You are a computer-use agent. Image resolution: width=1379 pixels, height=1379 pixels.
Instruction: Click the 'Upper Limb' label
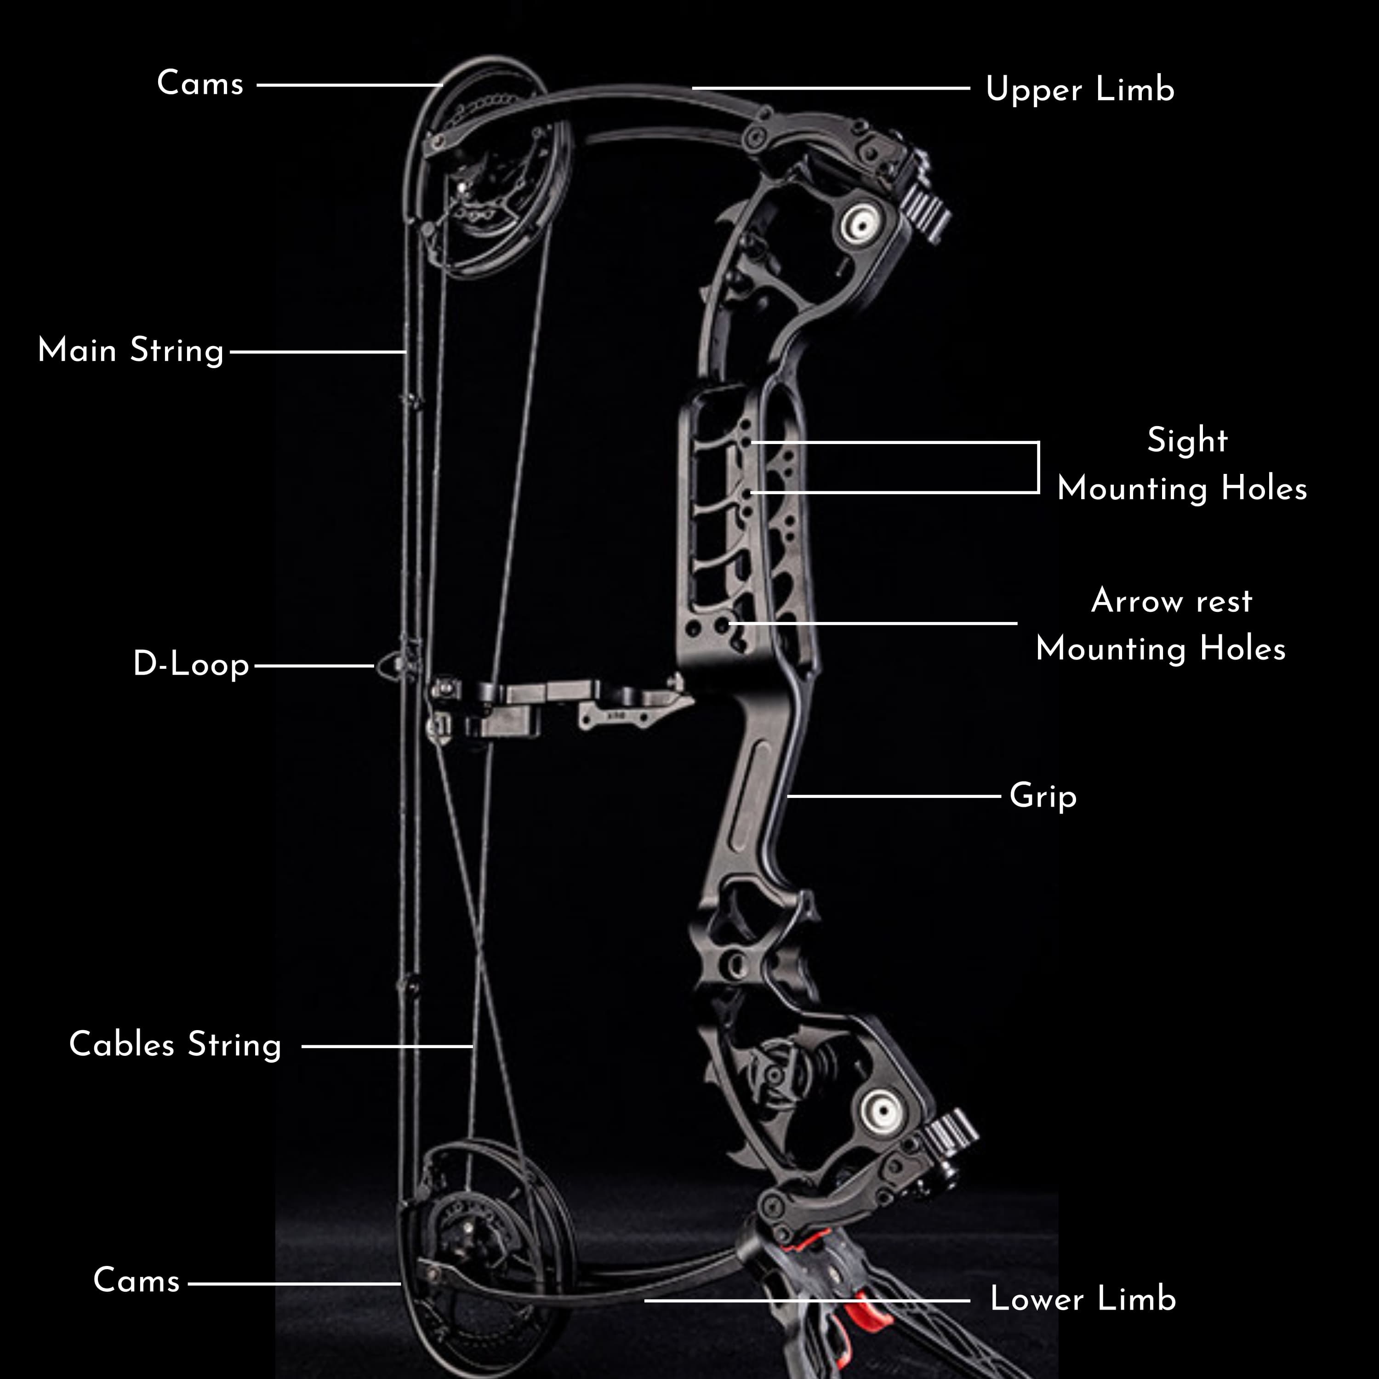tap(1079, 90)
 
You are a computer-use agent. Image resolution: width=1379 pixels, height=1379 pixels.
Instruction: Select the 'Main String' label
tap(131, 351)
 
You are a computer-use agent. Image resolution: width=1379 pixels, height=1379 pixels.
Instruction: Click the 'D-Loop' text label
tap(191, 665)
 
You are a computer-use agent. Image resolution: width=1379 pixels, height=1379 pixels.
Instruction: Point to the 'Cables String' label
tap(175, 1045)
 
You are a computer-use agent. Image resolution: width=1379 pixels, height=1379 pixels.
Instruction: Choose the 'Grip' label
tap(1042, 796)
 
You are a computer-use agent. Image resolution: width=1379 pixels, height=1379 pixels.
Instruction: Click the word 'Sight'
tap(1187, 440)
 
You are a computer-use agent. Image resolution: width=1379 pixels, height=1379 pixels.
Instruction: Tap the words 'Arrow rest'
tap(1171, 601)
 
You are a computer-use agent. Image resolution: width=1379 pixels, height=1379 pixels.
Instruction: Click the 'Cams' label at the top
tap(200, 84)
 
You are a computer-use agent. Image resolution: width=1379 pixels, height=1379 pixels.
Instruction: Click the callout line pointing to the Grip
tap(892, 795)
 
